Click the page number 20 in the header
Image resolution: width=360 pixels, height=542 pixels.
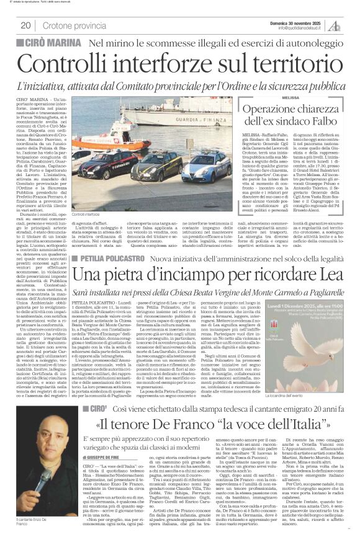[25, 25]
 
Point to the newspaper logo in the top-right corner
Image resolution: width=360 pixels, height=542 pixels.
[335, 25]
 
